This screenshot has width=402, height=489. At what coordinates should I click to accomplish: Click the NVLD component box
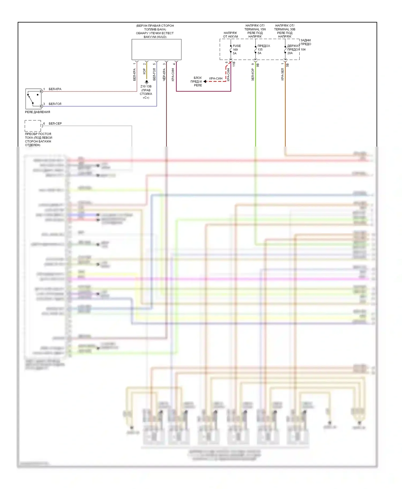point(156,49)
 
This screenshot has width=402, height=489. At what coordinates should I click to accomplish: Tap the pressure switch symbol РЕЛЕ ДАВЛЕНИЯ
point(33,99)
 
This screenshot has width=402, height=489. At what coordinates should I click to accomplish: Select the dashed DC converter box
point(33,126)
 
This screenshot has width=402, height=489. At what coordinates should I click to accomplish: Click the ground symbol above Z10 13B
point(147,82)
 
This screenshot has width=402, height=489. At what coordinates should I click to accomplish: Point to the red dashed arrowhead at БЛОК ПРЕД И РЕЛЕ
point(205,81)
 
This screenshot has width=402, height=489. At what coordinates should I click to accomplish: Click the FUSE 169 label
point(237,46)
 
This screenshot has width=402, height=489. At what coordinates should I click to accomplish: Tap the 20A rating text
point(290,53)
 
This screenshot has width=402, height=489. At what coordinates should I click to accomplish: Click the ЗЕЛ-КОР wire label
point(253,74)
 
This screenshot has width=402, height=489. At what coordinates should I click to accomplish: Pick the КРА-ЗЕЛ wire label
point(282,74)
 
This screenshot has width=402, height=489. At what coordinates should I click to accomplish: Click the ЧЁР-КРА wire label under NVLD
point(164,74)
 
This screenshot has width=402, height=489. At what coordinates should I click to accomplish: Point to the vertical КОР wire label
point(144,71)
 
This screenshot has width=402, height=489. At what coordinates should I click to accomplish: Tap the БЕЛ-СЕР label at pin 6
point(55,124)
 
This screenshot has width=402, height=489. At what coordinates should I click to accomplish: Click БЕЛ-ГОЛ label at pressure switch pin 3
point(55,104)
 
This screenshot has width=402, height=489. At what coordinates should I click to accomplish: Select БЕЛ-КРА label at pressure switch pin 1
point(55,89)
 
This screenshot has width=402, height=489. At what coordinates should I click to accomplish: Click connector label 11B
point(234,64)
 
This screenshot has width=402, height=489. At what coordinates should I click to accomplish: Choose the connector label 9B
point(258,65)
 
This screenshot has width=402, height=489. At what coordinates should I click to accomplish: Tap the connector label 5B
point(288,65)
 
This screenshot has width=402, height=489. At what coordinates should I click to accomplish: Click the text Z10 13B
point(146,86)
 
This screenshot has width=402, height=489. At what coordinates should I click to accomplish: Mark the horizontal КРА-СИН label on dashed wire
point(216,78)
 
